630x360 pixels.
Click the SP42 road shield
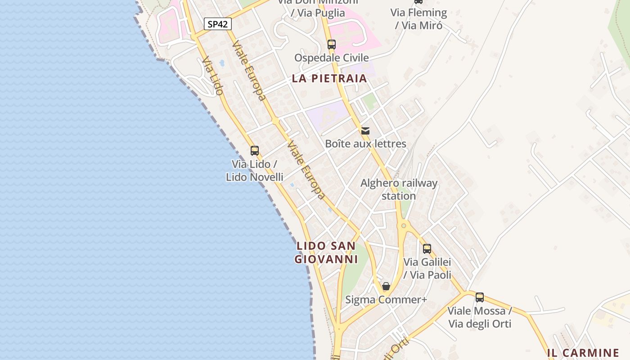coord(218,24)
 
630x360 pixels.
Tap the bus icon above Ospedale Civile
coord(332,45)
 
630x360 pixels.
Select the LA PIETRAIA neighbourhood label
coord(329,78)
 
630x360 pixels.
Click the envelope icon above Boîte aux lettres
coord(365,131)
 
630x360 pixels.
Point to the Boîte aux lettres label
coord(365,144)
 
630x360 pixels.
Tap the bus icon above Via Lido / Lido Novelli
coord(255,151)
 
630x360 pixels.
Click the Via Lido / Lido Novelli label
coord(255,171)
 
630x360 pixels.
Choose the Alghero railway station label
coord(399,189)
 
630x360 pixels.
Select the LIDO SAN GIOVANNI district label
coord(326,252)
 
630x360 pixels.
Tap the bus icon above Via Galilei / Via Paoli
coord(427,248)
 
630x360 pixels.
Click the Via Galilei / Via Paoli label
coord(427,268)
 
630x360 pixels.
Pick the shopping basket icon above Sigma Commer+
coord(386,286)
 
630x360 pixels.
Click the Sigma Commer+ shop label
coord(386,300)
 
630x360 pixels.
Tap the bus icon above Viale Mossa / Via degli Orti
coord(480,297)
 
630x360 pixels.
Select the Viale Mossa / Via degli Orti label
coord(480,317)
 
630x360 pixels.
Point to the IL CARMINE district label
coord(583,353)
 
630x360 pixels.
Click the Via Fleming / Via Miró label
coord(418,19)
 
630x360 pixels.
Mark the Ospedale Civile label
coord(332,58)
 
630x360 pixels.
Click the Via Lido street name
coord(212,76)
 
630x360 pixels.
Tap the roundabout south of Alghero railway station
coord(404,225)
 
